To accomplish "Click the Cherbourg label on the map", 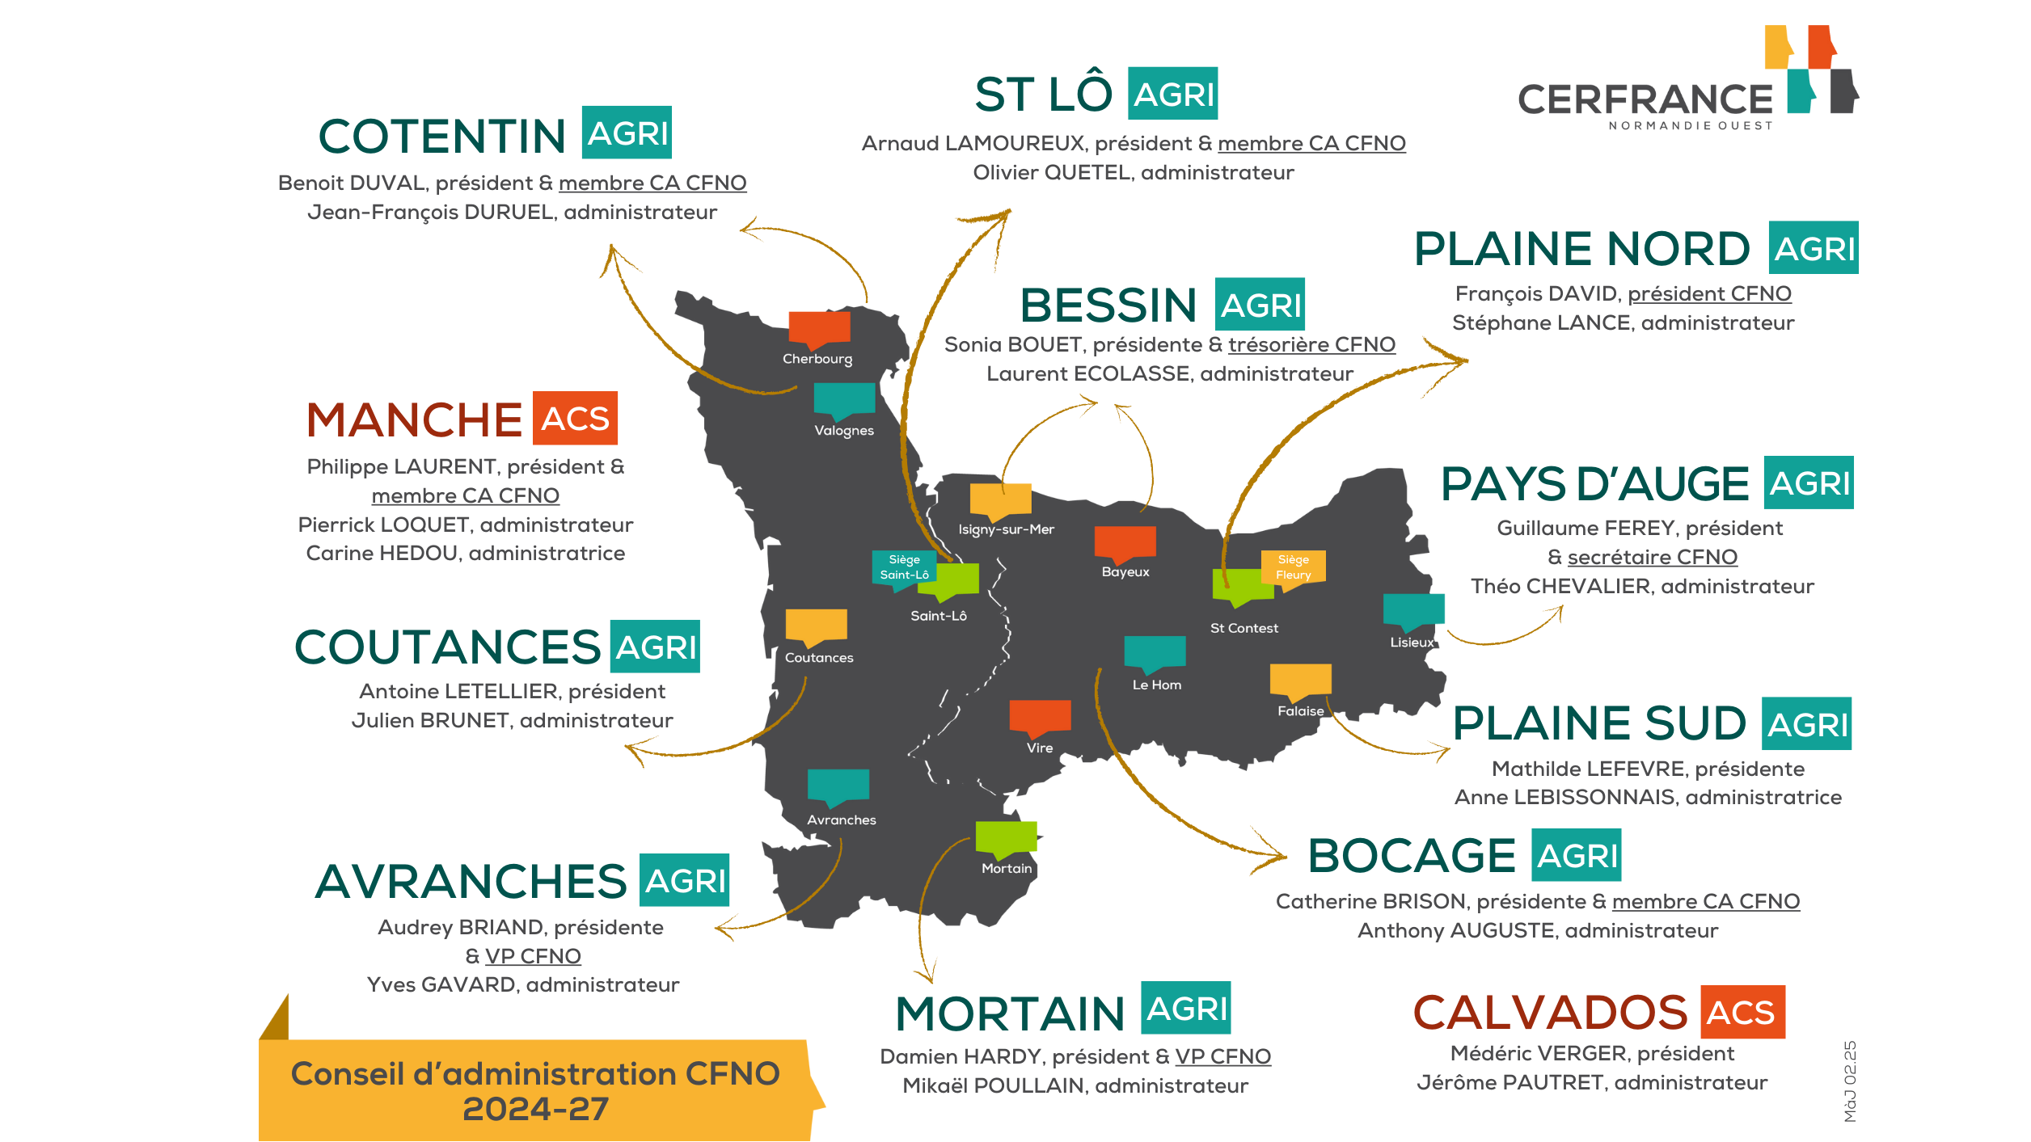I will coord(817,359).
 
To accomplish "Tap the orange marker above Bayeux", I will coord(1125,542).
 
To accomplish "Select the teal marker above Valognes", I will coord(844,399).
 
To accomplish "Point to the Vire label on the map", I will coord(1040,748).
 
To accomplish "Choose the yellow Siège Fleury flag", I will coord(1294,567).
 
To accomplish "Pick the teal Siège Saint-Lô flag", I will coord(904,567).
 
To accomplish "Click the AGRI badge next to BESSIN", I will coord(1260,305).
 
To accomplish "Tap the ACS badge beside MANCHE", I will coord(575,418).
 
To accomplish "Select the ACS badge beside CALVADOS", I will coord(1742,1012).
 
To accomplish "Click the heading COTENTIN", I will coord(441,136).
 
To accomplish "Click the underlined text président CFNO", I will coord(1709,293).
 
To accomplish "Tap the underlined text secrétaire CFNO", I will coord(1652,557).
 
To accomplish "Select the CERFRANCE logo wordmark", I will coord(1645,100).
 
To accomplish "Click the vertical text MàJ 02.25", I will coord(1850,1081).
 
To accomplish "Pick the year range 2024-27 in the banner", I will coord(535,1109).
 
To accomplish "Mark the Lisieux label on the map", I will coord(1412,643).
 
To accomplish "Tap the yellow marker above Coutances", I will coord(816,625).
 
